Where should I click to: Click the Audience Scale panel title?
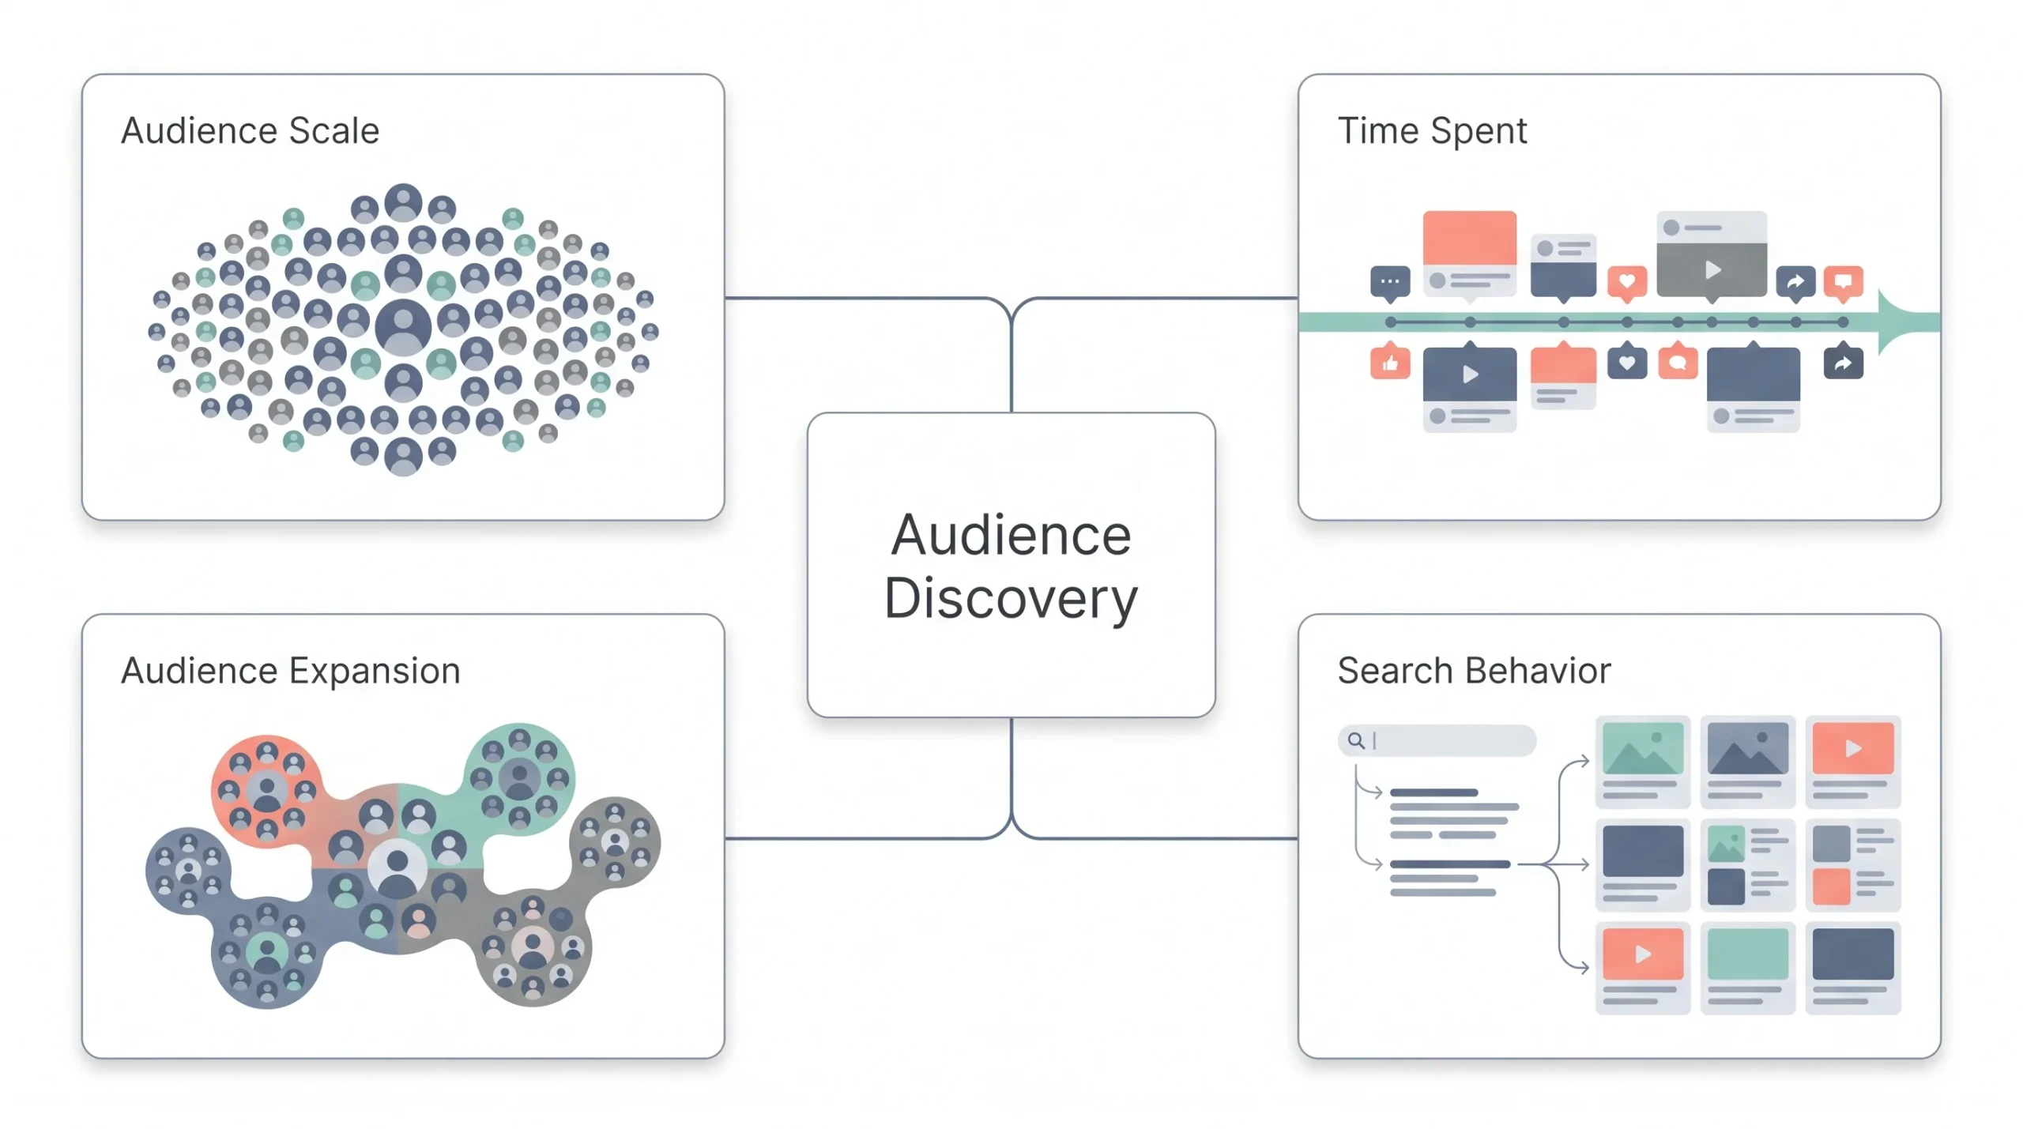250,130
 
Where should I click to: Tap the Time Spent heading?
1432,131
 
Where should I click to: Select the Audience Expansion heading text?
290,671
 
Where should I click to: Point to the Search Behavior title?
1474,671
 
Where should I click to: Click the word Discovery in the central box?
1011,598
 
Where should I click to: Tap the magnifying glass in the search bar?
1356,740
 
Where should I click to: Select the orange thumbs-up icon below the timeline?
1390,363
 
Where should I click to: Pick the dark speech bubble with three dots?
1390,283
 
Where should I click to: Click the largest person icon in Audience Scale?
403,327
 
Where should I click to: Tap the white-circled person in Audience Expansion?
397,867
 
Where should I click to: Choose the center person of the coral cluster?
266,791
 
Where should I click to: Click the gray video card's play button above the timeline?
1712,270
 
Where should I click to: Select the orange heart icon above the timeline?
1627,283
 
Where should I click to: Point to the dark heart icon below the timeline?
1627,363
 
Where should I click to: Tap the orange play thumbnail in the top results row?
1852,748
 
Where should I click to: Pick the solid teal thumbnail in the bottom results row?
1748,954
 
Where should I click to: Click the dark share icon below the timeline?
1843,363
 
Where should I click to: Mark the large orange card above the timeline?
1470,238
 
